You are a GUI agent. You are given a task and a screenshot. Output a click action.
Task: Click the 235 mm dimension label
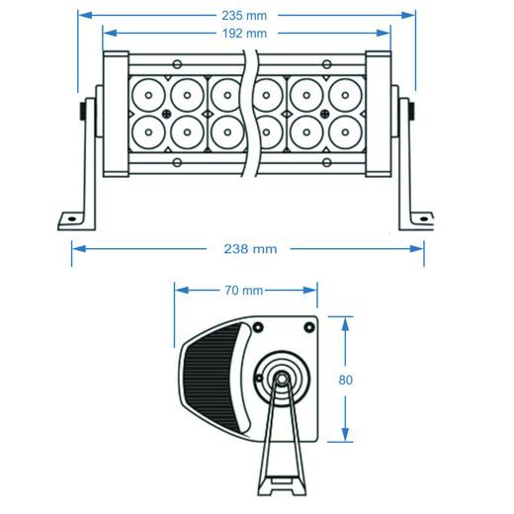(x=247, y=16)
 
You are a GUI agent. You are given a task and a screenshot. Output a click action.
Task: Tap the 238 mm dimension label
(x=247, y=249)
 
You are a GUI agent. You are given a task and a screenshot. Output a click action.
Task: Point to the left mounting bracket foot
(x=73, y=218)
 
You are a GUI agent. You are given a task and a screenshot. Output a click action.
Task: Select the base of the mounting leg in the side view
(x=283, y=487)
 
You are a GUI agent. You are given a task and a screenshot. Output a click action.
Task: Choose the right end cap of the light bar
(x=379, y=114)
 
